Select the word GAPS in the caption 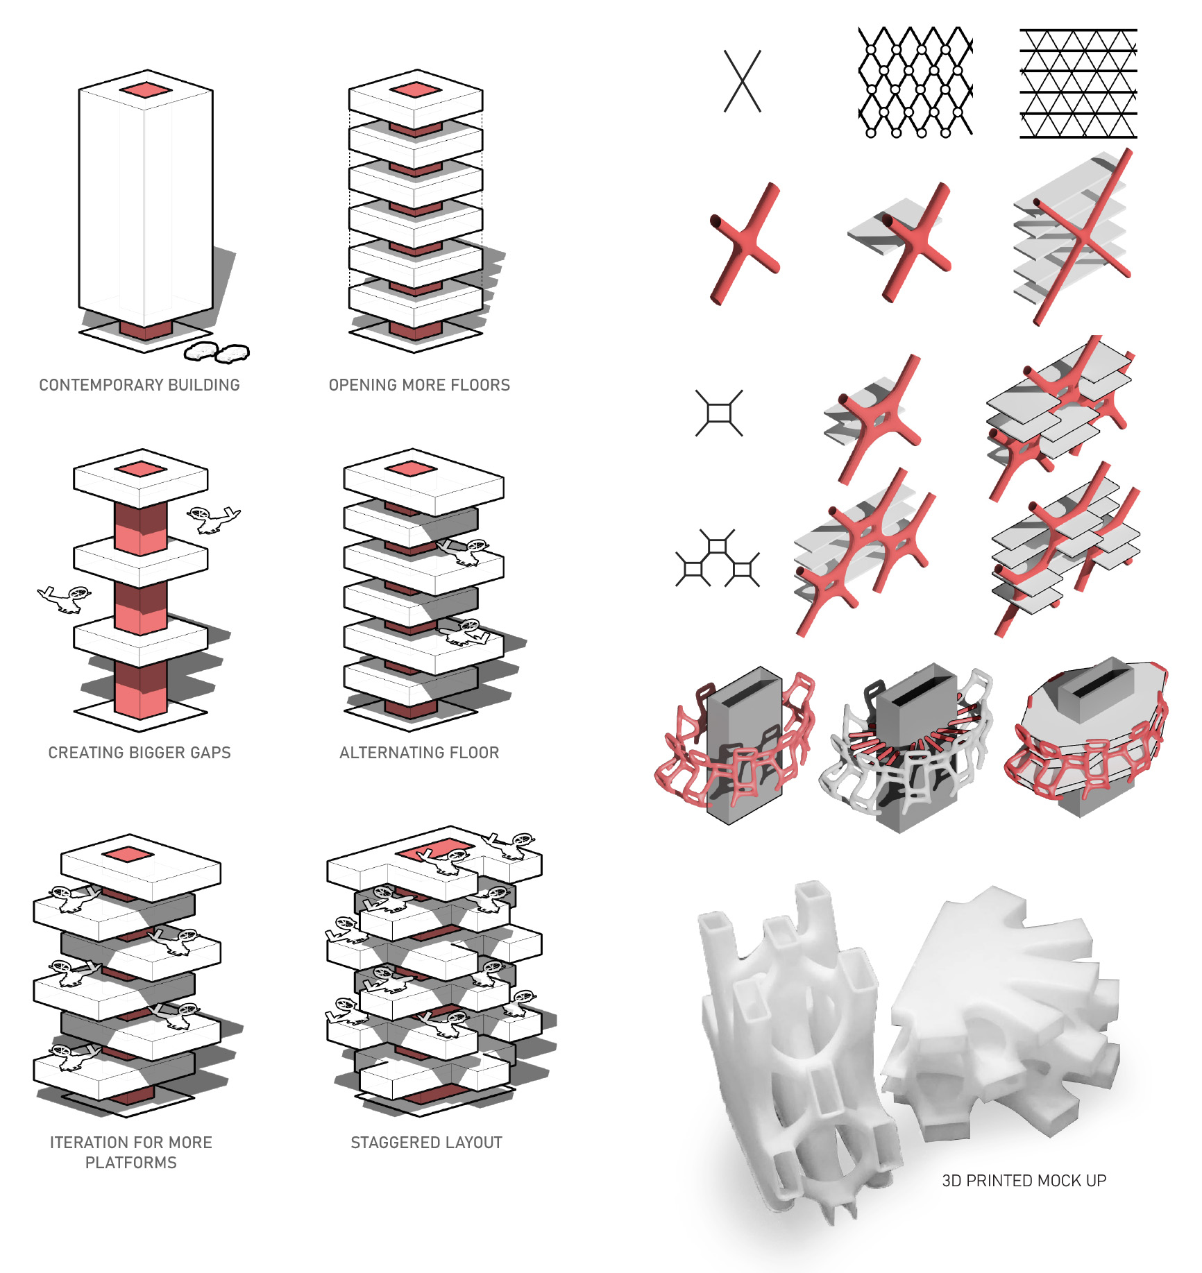(x=210, y=753)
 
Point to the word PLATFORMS (x=131, y=1163)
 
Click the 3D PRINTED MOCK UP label (x=1024, y=1181)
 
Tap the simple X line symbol (x=743, y=81)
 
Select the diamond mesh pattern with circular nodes (x=915, y=82)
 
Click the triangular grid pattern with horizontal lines (x=1078, y=83)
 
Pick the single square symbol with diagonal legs (x=719, y=413)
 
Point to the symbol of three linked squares (x=718, y=558)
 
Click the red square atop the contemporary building (x=145, y=90)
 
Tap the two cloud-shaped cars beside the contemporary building (x=217, y=352)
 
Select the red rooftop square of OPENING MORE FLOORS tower (x=415, y=90)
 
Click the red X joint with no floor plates (x=745, y=244)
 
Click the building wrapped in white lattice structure (x=906, y=749)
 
